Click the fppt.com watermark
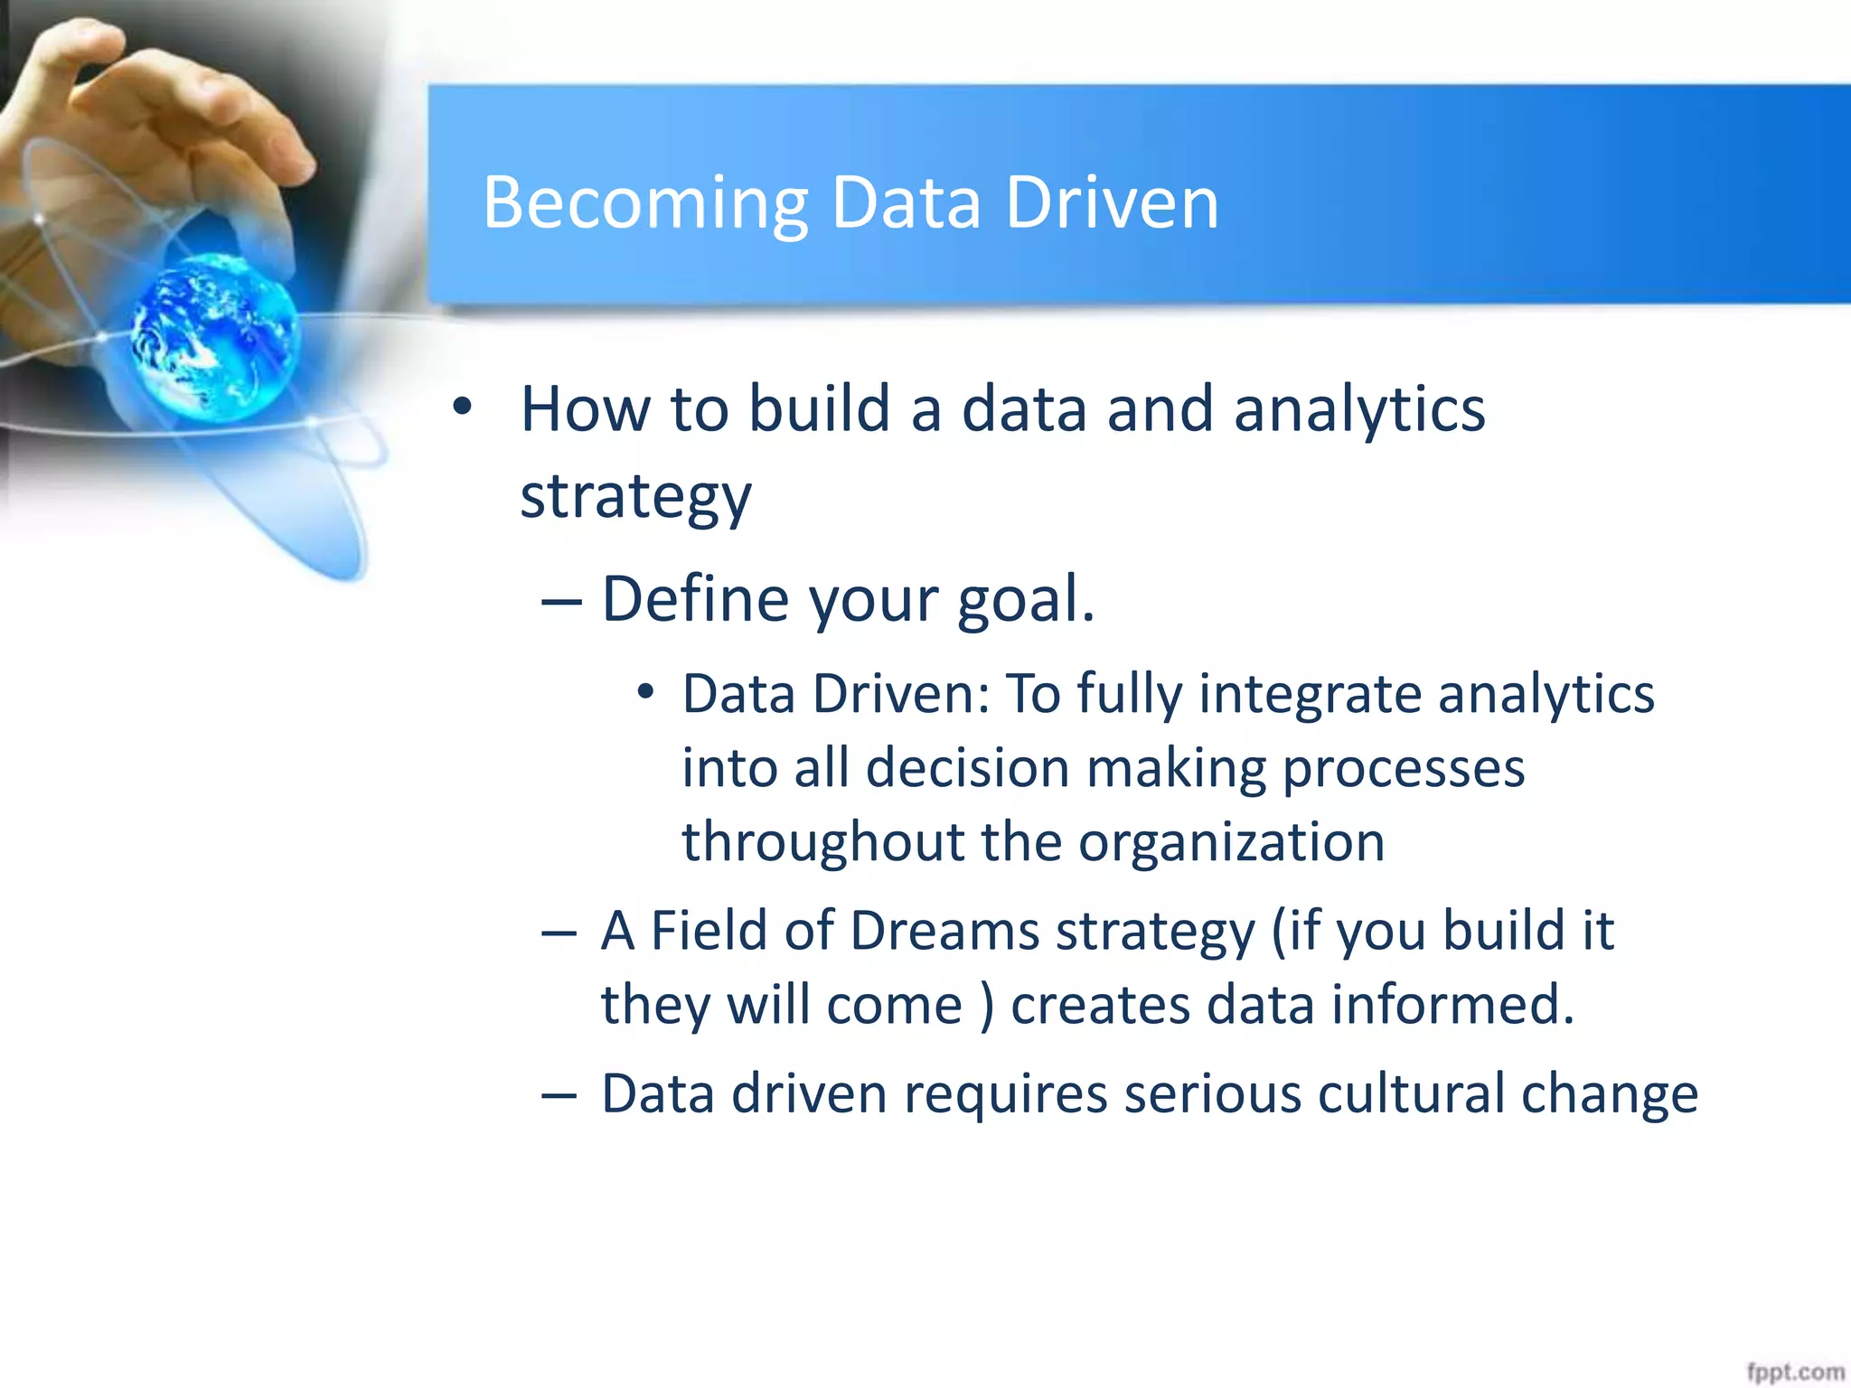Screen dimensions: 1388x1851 tap(1795, 1372)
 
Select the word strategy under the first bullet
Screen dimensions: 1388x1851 tap(635, 497)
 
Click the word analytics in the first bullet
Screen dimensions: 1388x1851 tap(1359, 410)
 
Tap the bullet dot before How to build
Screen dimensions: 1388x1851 tap(463, 408)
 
